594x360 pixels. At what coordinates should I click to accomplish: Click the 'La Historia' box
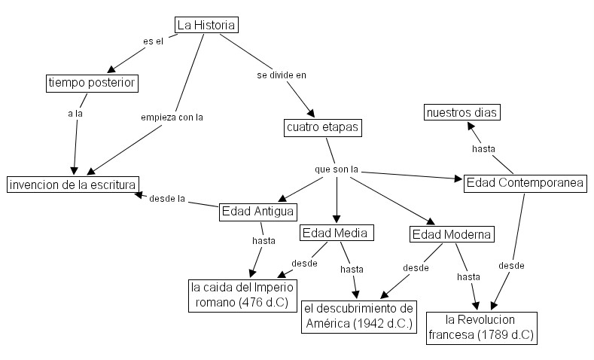[x=206, y=25]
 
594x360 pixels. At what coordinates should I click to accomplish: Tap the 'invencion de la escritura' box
[x=72, y=184]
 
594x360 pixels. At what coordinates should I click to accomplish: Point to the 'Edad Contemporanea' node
[x=525, y=183]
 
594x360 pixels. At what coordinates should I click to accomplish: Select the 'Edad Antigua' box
[x=257, y=211]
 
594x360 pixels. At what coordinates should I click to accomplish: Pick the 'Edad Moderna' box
[x=452, y=234]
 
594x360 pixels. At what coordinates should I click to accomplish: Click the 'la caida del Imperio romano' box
[x=242, y=295]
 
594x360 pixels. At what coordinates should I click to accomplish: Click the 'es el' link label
[x=153, y=41]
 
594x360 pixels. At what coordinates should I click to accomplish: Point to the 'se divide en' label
[x=282, y=75]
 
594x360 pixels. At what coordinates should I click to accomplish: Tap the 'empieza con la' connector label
[x=172, y=117]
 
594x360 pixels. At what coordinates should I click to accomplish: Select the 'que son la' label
[x=336, y=169]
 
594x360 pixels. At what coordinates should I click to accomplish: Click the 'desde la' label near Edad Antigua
[x=167, y=199]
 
